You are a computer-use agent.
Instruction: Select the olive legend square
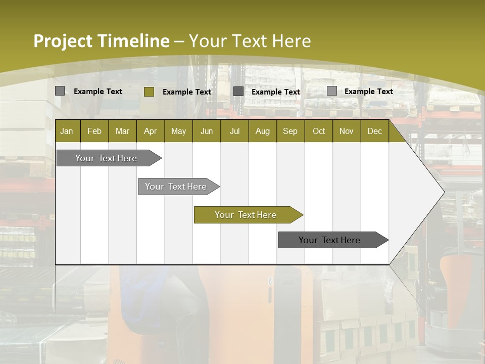tap(149, 92)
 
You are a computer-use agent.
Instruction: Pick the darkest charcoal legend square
tap(238, 91)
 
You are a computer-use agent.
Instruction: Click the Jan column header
tap(67, 131)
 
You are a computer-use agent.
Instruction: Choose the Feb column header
tap(94, 131)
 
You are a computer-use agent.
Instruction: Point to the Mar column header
tap(122, 131)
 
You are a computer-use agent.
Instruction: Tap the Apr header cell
tap(151, 131)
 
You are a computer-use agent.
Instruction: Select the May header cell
tap(178, 131)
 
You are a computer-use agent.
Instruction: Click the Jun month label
tap(207, 131)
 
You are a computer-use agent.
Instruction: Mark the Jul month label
tap(234, 131)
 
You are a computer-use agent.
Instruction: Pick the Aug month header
tap(263, 131)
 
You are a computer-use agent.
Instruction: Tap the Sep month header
tap(290, 131)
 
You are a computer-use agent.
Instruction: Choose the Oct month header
tap(319, 131)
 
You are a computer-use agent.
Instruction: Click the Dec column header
tap(375, 131)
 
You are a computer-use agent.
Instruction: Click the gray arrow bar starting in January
tap(107, 158)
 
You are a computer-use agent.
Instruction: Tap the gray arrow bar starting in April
tap(176, 187)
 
